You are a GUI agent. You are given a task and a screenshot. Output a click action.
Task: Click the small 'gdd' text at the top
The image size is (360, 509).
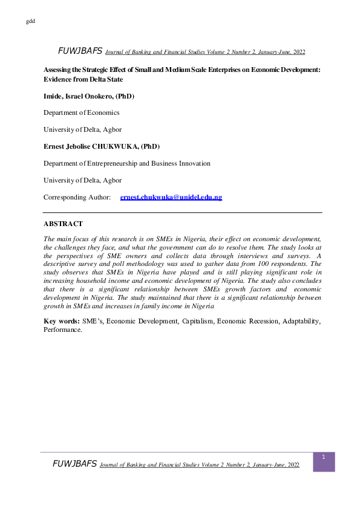pos(31,22)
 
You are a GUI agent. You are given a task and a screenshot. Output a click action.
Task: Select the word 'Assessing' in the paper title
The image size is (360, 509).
pos(59,70)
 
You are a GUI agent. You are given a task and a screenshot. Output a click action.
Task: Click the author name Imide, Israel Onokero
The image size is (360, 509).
pos(88,96)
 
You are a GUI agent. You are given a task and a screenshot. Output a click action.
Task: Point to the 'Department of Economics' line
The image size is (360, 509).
pos(81,112)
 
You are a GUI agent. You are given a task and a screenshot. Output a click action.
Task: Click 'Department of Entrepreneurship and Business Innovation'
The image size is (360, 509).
pos(127,163)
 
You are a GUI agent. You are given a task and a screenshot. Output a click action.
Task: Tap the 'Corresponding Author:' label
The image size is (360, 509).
pos(77,198)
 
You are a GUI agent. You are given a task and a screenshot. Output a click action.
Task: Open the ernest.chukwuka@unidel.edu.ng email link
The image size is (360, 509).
pos(171,198)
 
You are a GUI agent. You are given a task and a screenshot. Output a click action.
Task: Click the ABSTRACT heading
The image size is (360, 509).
pos(63,224)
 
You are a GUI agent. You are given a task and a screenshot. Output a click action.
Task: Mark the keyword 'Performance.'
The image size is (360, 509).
pos(62,330)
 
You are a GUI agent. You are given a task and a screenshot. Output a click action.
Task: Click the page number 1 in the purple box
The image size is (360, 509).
pos(324,458)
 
